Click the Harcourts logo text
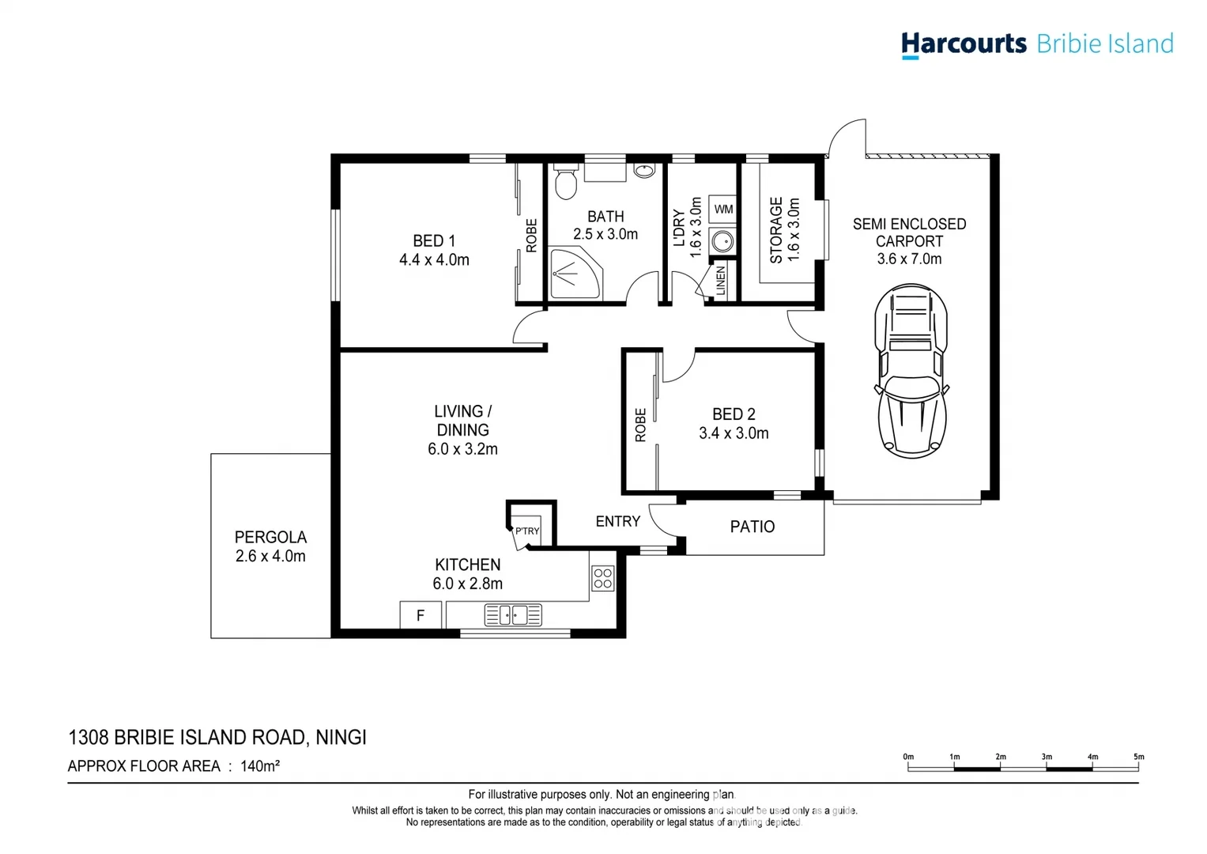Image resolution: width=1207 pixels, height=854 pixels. tap(964, 43)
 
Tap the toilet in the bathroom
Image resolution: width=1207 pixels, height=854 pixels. tap(565, 184)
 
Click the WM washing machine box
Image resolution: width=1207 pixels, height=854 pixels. tap(723, 210)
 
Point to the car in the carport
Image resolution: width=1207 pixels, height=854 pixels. tap(911, 372)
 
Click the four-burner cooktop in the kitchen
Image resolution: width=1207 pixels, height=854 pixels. tap(602, 579)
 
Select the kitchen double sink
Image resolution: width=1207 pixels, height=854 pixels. tap(513, 614)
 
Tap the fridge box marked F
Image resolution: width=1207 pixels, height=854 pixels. tap(421, 615)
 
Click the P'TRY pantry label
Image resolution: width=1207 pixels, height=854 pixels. tap(527, 531)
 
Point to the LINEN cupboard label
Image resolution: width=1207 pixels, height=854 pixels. tap(721, 281)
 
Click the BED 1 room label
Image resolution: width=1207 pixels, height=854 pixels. tap(434, 240)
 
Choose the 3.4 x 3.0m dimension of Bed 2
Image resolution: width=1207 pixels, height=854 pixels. tap(734, 433)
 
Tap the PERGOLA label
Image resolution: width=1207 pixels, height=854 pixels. tap(270, 537)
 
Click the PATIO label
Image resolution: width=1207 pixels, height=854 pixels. tap(752, 527)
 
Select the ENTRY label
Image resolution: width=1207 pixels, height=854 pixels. tap(617, 521)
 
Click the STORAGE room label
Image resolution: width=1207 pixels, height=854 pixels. tap(776, 230)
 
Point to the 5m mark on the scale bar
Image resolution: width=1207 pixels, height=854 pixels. tap(1138, 758)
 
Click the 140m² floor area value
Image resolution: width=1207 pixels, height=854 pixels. tap(261, 765)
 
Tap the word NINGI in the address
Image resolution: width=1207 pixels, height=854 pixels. tap(341, 738)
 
